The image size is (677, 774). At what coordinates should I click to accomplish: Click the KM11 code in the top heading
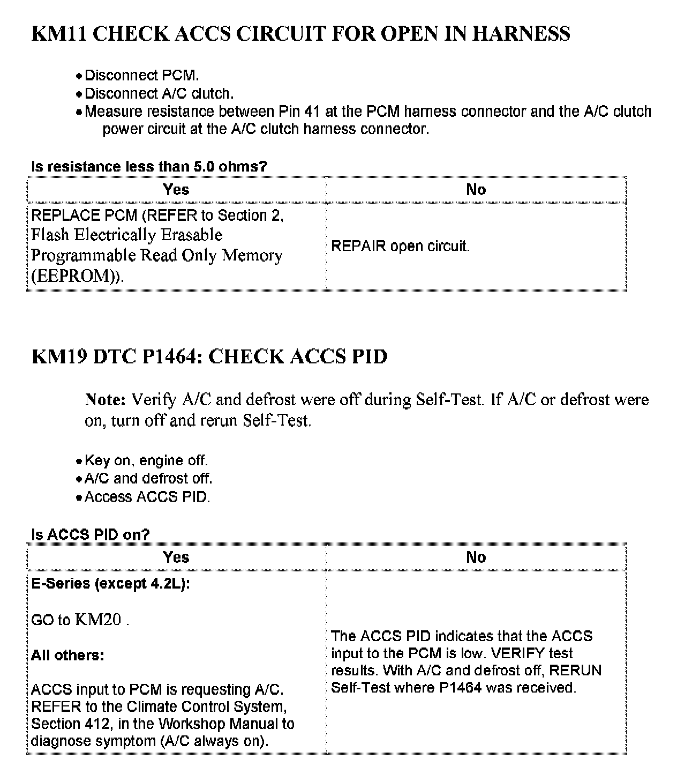[59, 34]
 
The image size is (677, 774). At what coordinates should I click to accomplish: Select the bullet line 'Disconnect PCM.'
[141, 75]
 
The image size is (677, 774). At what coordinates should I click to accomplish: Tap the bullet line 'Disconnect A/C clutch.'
[159, 93]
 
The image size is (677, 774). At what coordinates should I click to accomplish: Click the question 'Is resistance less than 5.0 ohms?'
[149, 167]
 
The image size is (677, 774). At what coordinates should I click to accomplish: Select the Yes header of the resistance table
[176, 190]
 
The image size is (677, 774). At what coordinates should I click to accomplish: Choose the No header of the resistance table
[476, 190]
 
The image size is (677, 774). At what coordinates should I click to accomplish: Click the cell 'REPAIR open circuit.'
[400, 246]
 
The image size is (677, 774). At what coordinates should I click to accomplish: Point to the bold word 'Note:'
[105, 400]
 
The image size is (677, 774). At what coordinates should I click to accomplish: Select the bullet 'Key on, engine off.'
[146, 460]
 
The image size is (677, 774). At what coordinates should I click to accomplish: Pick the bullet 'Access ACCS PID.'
[147, 497]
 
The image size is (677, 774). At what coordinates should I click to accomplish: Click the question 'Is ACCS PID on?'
[90, 534]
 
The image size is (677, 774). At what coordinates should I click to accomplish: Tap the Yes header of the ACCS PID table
[176, 557]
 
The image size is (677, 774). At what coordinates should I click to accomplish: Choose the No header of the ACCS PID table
[476, 557]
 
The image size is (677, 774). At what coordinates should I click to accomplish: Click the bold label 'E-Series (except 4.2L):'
[110, 584]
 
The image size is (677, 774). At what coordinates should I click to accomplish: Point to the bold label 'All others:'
[67, 655]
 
